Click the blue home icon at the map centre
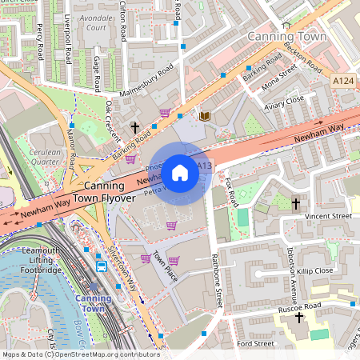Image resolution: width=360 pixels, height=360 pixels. pos(180,172)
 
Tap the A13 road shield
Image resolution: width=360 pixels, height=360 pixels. pos(205,166)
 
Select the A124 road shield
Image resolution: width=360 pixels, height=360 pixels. pos(342,81)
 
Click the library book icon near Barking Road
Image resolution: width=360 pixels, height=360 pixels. pos(205,116)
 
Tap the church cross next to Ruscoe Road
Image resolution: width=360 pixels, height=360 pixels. pos(300,318)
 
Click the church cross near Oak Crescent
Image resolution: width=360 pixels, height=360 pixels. pos(135,127)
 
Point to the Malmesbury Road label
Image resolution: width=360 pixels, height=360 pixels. pos(146,84)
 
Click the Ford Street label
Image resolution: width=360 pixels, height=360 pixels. pos(255,344)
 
